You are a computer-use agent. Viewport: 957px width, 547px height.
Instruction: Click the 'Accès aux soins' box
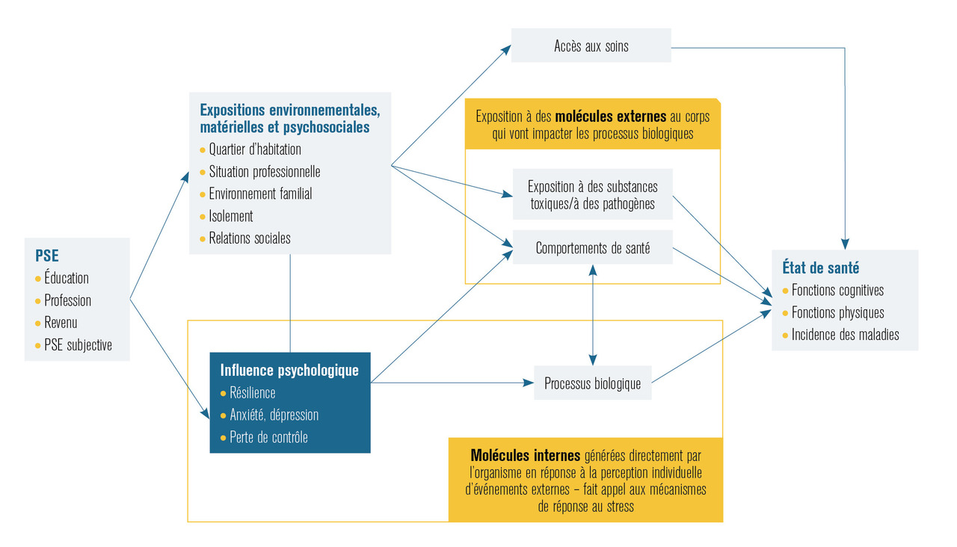591,46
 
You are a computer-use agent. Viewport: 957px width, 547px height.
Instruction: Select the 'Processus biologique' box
592,383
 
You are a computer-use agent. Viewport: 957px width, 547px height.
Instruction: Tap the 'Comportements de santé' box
592,248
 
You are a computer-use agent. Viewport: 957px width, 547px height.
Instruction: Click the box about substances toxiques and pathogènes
592,194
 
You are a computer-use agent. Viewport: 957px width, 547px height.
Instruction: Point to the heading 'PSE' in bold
46,256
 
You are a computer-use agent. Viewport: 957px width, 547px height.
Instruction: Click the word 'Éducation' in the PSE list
67,278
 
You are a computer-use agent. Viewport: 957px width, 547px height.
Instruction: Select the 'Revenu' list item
61,323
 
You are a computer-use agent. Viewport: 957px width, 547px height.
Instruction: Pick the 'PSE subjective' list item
77,345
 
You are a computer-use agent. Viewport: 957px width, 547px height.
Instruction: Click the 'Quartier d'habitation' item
255,149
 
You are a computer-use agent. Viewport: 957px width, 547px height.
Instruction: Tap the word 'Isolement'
231,216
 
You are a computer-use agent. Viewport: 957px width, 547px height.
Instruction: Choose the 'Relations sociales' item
250,238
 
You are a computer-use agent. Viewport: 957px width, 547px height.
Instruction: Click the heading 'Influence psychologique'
289,370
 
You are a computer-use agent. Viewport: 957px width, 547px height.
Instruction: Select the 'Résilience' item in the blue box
253,392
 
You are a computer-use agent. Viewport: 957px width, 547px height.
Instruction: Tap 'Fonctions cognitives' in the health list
837,291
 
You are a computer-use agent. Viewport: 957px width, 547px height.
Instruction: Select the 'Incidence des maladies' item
845,335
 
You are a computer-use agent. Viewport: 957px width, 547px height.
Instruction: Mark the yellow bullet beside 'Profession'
38,300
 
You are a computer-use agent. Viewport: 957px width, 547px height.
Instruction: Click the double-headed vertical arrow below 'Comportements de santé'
593,314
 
